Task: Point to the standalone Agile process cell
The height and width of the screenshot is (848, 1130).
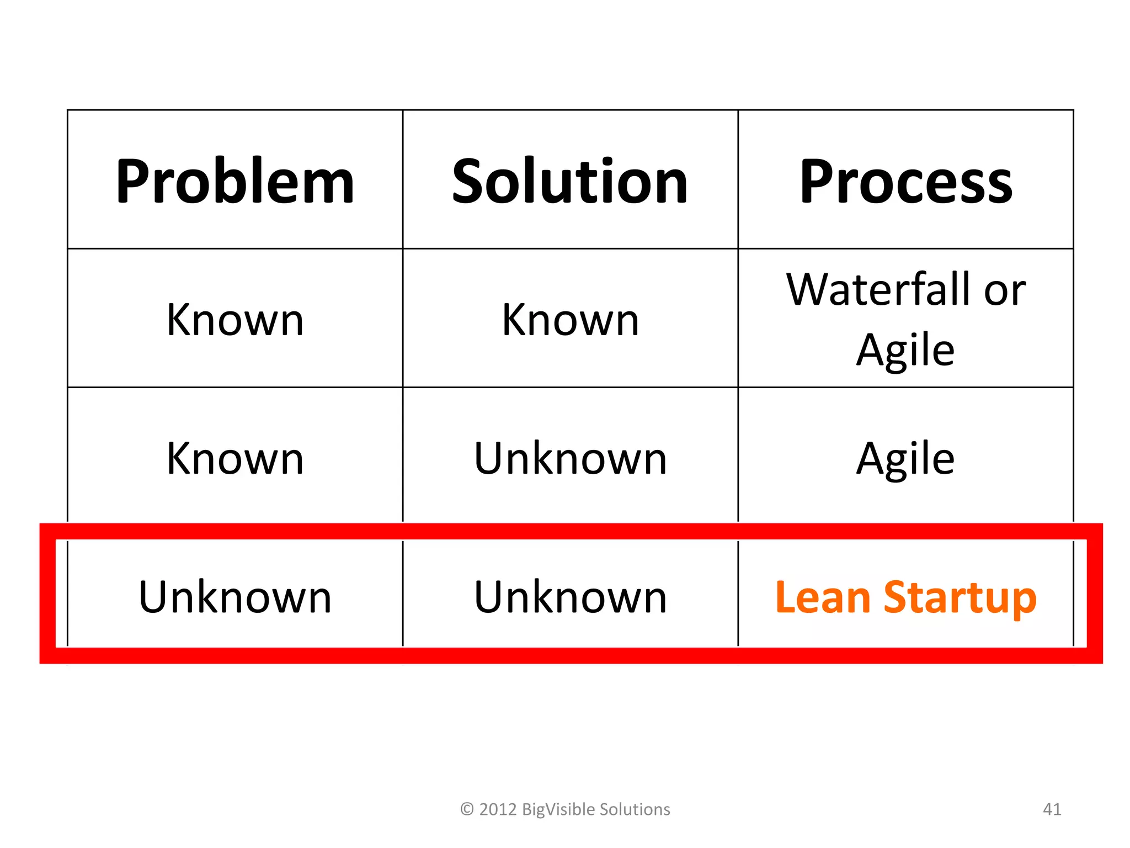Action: coord(905,459)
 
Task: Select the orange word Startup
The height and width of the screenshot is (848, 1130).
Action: coord(960,598)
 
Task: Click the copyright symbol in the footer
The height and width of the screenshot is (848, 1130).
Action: coord(467,809)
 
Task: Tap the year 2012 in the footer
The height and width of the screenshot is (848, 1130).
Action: coord(498,809)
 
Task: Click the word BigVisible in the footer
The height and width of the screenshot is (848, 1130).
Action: coord(558,810)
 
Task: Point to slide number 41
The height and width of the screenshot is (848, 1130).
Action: coord(1052,809)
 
